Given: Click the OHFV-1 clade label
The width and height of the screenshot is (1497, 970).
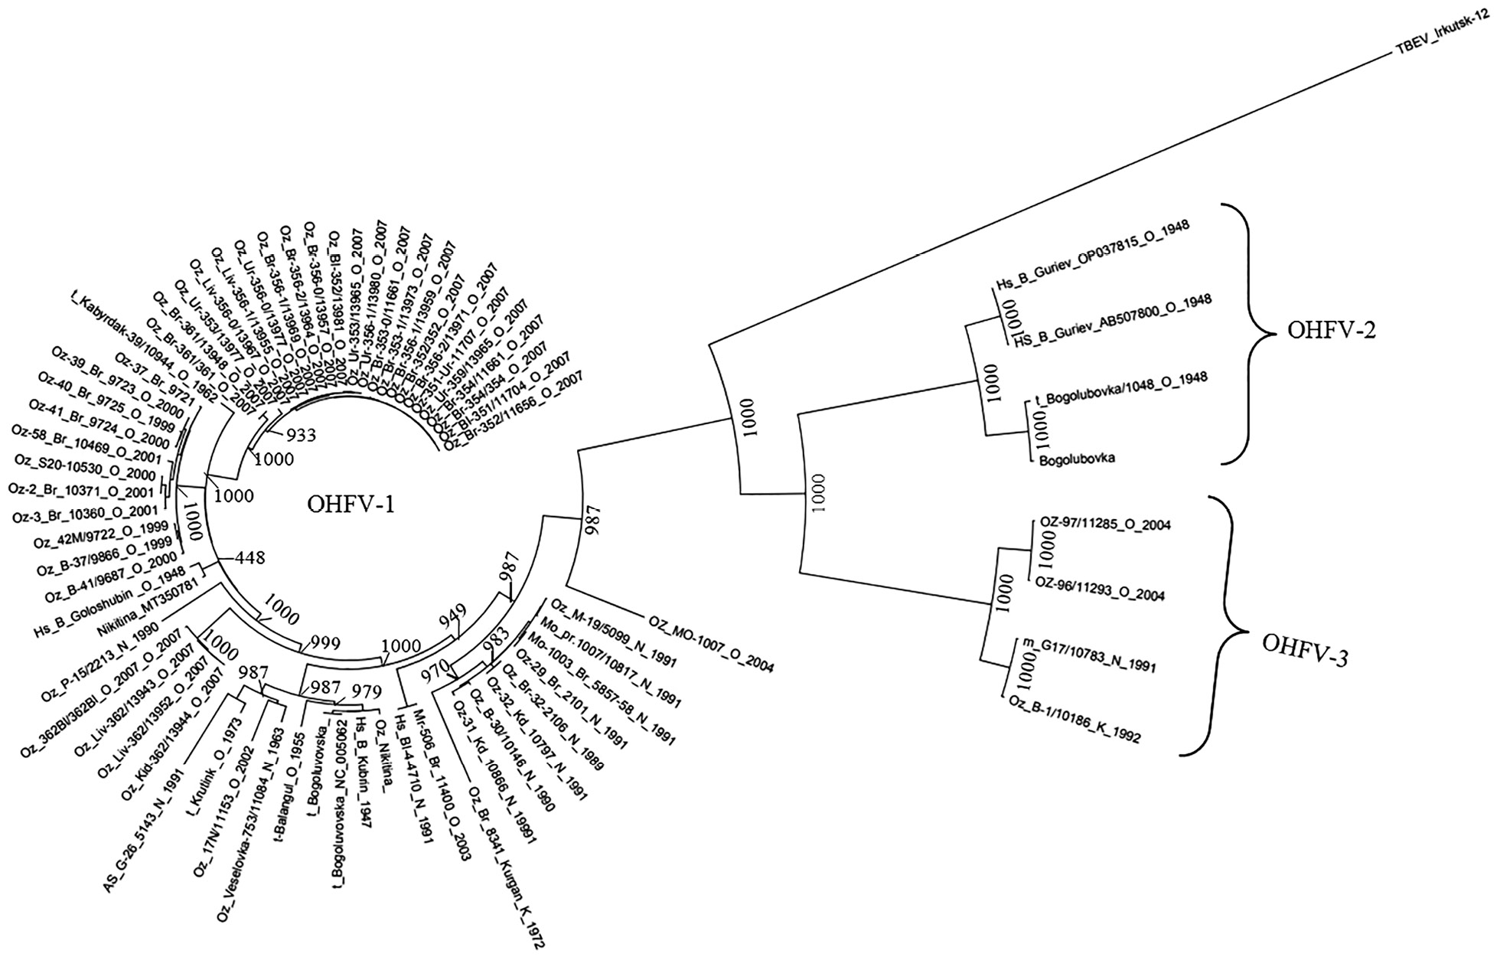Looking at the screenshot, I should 351,505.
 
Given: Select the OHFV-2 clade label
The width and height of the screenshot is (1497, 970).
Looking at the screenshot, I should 1332,330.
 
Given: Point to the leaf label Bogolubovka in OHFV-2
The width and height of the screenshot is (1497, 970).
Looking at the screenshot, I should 1077,459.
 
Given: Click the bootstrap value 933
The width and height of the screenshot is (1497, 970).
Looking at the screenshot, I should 301,436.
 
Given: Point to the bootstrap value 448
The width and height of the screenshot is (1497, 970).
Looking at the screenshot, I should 249,557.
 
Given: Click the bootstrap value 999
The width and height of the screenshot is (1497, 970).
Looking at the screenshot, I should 325,644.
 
